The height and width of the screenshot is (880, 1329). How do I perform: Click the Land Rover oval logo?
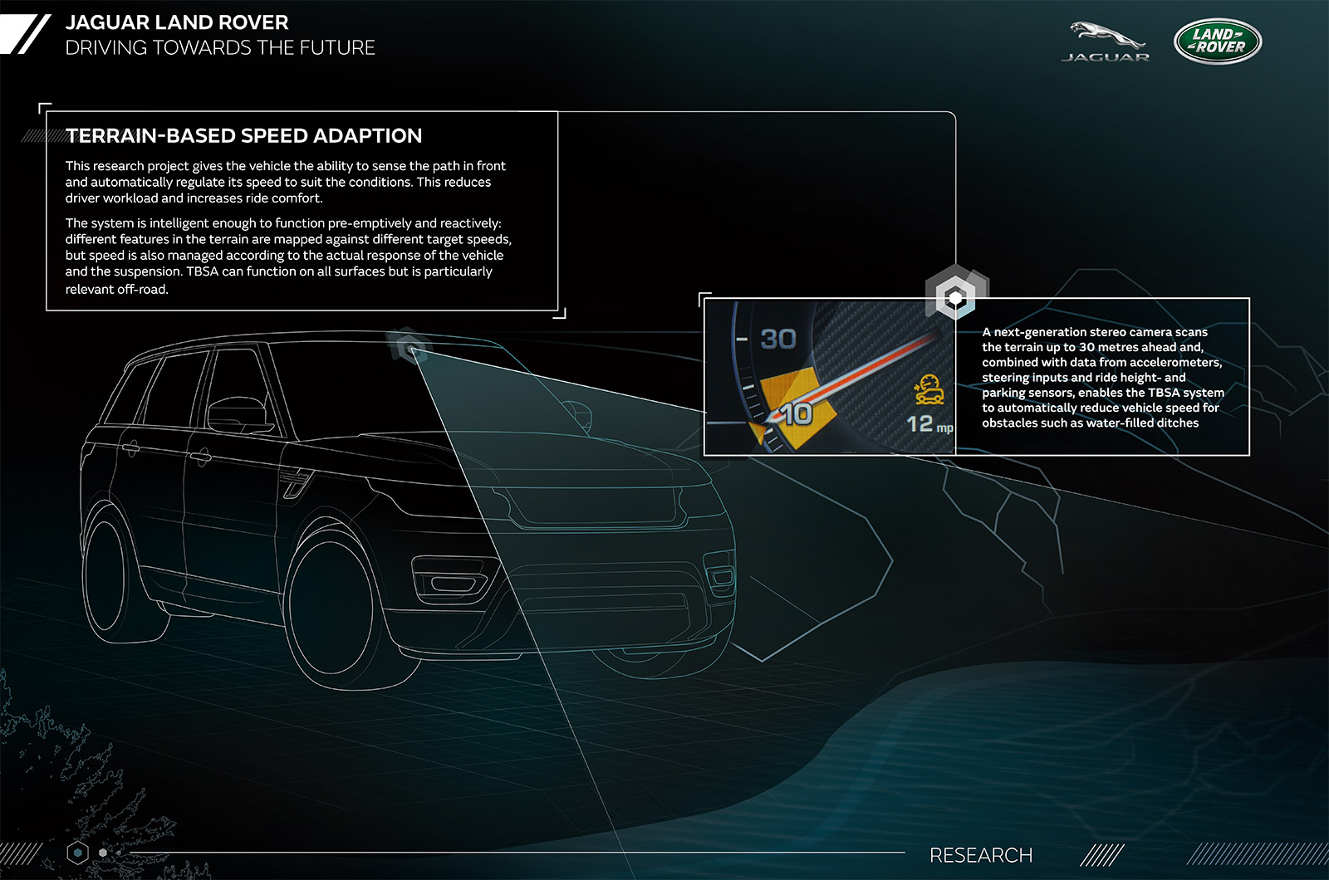pos(1218,41)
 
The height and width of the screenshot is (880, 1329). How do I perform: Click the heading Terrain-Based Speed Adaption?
pos(244,136)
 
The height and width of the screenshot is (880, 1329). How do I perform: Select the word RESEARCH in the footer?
pos(981,855)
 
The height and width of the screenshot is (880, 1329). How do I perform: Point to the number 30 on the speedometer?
pos(777,340)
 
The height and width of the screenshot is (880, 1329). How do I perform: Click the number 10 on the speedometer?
pos(797,413)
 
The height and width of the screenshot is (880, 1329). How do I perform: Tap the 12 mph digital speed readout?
pos(929,424)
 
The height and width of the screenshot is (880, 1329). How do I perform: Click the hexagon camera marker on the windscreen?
pos(409,347)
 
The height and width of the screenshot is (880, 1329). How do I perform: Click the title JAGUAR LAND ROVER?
pos(177,22)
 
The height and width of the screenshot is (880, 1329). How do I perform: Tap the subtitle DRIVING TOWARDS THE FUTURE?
pos(220,47)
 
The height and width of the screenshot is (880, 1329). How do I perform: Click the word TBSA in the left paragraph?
pos(202,271)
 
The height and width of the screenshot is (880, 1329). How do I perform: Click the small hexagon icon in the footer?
pos(78,853)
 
